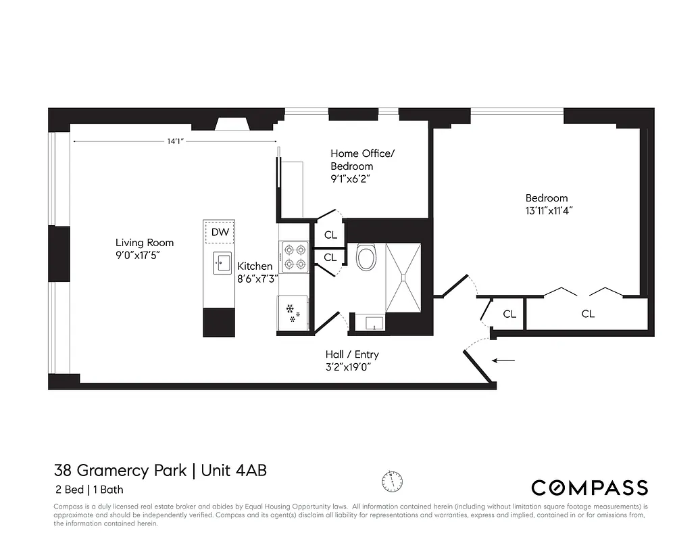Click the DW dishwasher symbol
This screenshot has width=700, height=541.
(x=220, y=233)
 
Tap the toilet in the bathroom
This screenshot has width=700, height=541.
(x=366, y=258)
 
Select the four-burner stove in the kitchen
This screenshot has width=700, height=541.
(x=295, y=257)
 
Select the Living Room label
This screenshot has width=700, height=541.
(x=145, y=243)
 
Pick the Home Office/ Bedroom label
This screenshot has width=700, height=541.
(x=362, y=160)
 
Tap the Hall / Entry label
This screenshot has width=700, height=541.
(x=352, y=354)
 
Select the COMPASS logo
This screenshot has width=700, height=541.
(x=589, y=488)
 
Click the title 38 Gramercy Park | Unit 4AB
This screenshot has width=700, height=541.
(x=160, y=470)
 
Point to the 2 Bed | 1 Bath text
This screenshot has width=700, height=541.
(x=89, y=490)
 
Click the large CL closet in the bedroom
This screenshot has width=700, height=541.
(x=588, y=314)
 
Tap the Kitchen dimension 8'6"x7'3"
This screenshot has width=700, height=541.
(x=257, y=279)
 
